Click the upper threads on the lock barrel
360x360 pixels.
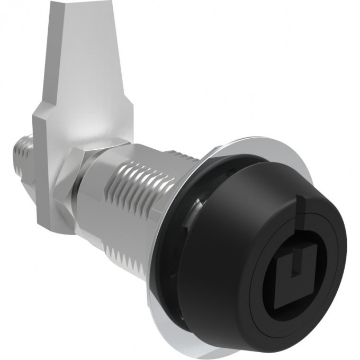coord(154,164)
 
